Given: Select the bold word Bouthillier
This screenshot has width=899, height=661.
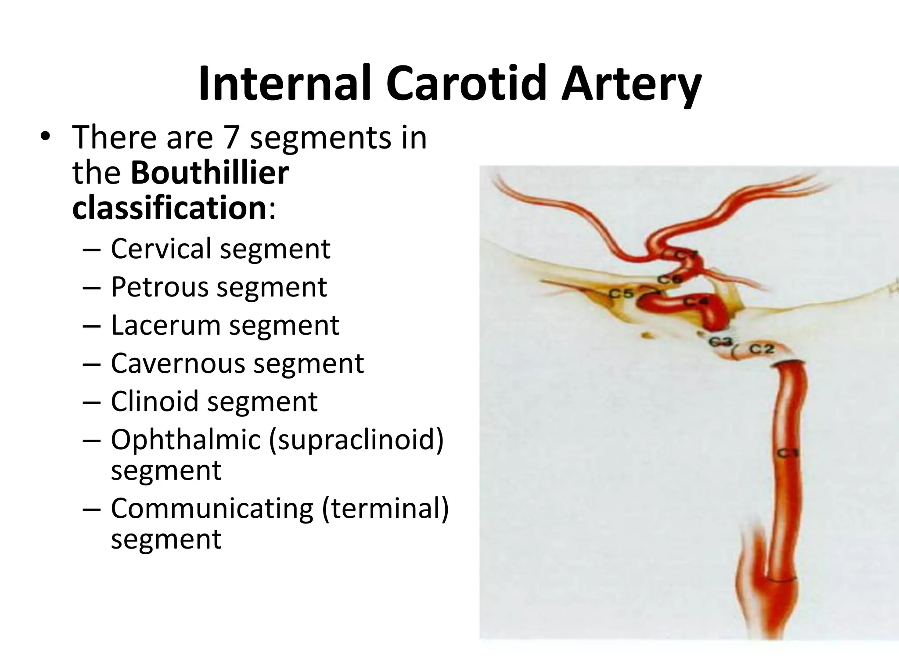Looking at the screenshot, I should (x=210, y=173).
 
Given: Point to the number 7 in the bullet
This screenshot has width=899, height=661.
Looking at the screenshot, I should (x=231, y=137).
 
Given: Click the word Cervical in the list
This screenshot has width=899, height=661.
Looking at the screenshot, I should (x=161, y=249).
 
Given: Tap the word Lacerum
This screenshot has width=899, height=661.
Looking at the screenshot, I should (x=165, y=325).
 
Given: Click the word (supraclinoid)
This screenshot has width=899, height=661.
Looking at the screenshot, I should (x=356, y=440).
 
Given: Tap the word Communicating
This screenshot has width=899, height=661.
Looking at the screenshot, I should (x=212, y=508).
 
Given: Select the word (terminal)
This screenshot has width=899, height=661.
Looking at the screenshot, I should (x=385, y=508).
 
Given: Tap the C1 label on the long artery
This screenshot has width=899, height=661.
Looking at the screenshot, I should (x=789, y=453).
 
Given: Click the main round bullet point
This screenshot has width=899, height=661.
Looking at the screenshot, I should (x=45, y=137).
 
